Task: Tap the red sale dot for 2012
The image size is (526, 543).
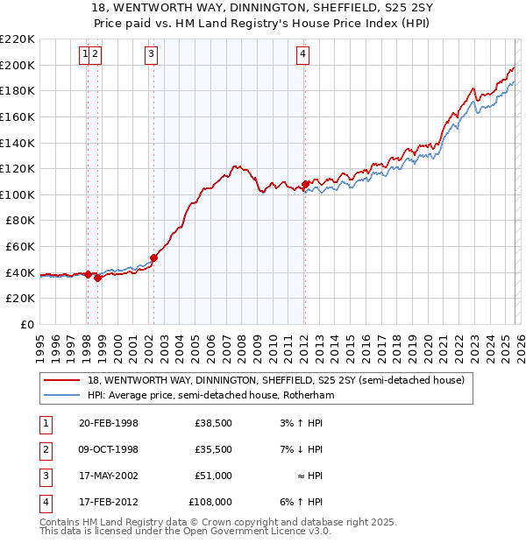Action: click(x=305, y=185)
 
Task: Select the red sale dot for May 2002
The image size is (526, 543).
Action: click(x=153, y=257)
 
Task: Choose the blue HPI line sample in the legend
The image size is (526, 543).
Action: click(x=61, y=395)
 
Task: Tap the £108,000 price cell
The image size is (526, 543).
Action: click(x=210, y=502)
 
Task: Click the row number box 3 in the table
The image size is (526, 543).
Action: click(x=44, y=476)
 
